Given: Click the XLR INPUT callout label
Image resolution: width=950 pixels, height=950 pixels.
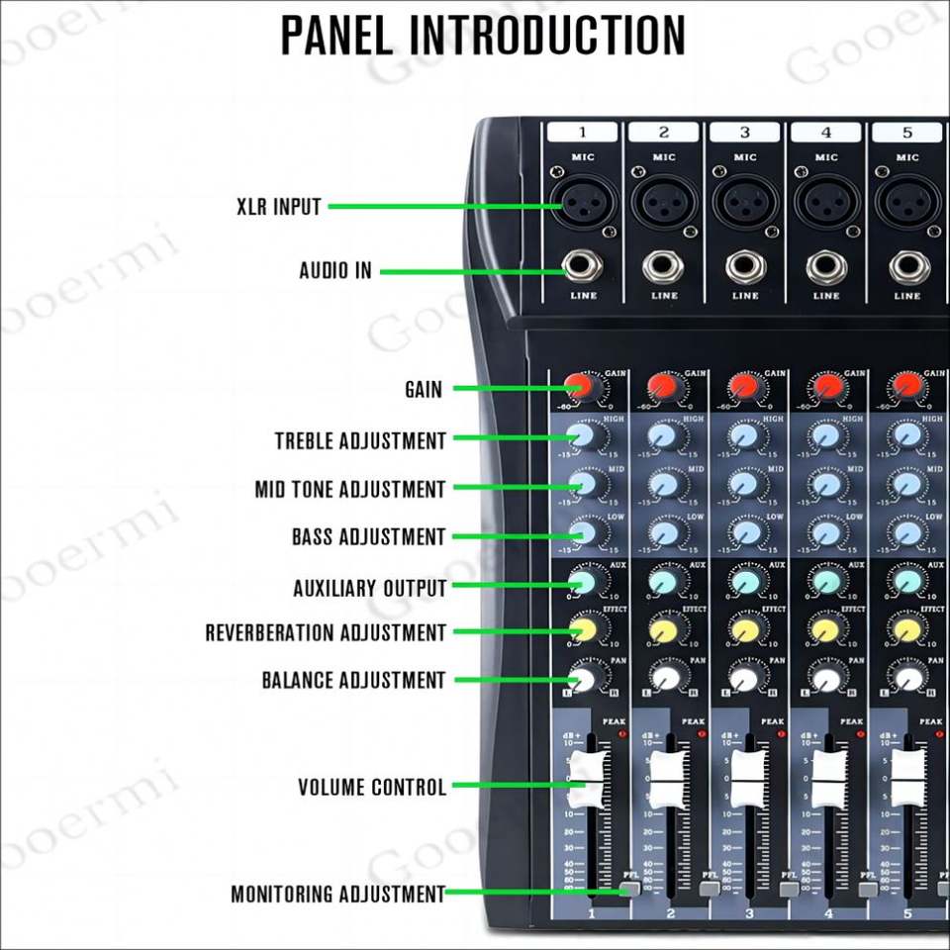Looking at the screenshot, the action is click(x=279, y=207).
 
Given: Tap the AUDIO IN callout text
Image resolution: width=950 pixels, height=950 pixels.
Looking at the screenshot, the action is click(x=335, y=270).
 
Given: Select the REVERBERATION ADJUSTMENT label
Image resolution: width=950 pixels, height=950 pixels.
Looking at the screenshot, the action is click(x=326, y=632).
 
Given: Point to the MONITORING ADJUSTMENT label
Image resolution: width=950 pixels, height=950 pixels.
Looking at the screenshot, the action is click(x=337, y=895).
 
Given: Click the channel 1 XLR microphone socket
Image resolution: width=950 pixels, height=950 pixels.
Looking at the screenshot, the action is click(x=583, y=202).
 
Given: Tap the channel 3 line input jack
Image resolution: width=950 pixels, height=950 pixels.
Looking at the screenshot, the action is click(x=745, y=266).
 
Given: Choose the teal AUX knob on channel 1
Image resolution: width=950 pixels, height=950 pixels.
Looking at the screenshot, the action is click(x=584, y=581).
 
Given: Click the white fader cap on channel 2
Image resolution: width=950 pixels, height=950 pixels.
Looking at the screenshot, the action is click(x=665, y=778).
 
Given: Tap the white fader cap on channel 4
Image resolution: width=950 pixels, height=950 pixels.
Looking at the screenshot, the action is click(x=827, y=778).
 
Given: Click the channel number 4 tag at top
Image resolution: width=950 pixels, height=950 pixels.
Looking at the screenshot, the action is click(x=826, y=133).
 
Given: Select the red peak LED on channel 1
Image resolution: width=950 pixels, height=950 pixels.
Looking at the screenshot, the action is click(x=623, y=734).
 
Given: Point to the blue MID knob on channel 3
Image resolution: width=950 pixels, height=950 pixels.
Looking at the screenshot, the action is click(x=746, y=484).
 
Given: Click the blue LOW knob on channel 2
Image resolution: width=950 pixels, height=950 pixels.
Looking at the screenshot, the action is click(x=665, y=532).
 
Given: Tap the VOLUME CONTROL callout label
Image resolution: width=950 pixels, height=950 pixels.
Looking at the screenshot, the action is click(x=372, y=788).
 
